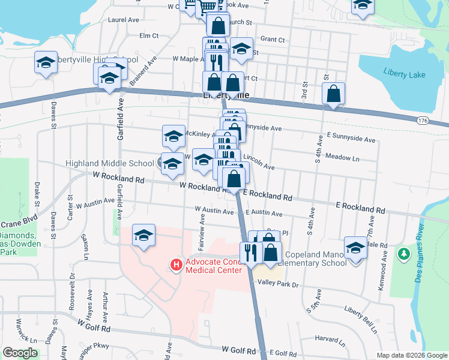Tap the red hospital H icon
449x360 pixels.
pyautogui.click(x=176, y=264)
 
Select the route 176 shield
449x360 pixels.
pyautogui.click(x=422, y=121)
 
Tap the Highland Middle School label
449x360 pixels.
pyautogui.click(x=110, y=163)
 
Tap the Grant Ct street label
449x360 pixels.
pyautogui.click(x=273, y=40)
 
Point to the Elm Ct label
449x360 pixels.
pyautogui.click(x=148, y=36)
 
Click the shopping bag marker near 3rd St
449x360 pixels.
pyautogui.click(x=333, y=93)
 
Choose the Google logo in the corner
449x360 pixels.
pyautogui.click(x=20, y=353)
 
